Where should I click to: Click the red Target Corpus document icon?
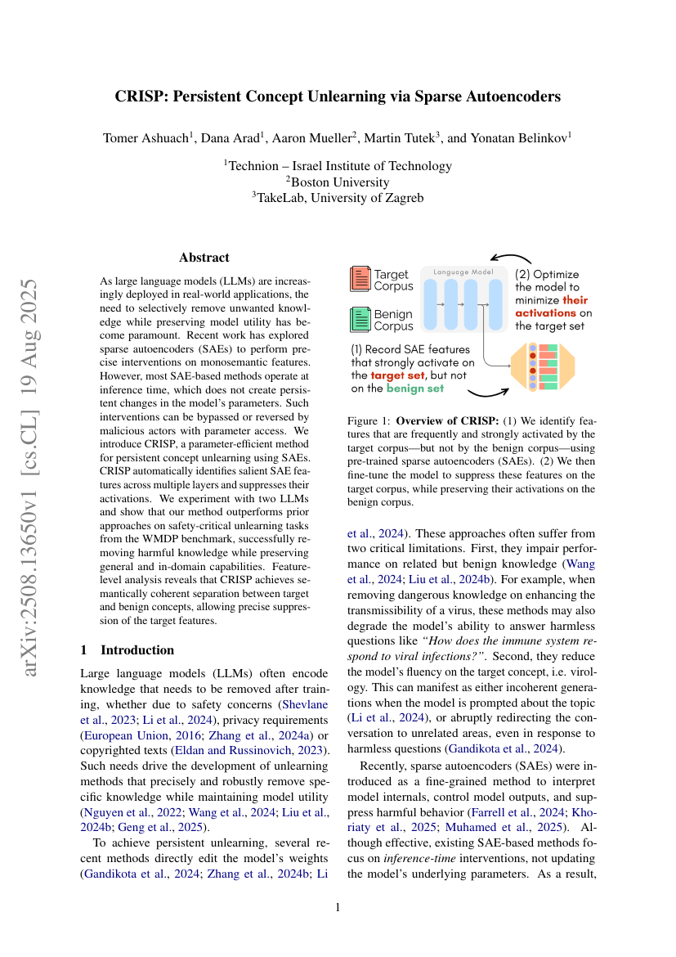coord(360,279)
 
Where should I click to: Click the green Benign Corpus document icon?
coord(360,319)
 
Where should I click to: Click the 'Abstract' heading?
coord(204,258)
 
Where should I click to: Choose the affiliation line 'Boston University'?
coord(338,182)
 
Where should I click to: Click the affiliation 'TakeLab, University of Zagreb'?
coord(338,197)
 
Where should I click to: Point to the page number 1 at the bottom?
coord(338,908)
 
